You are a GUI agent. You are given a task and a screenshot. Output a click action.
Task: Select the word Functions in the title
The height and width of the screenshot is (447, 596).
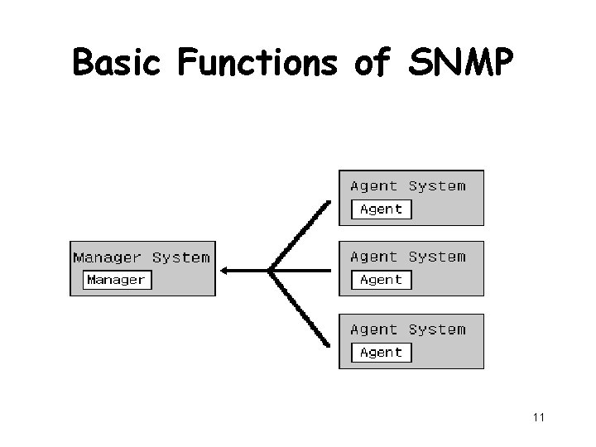[257, 62]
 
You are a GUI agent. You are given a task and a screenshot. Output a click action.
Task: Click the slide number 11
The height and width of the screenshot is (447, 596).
[538, 417]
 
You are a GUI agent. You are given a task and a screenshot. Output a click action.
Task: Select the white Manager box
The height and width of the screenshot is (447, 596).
[116, 280]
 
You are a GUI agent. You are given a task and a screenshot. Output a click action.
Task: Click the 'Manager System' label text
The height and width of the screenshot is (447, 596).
[142, 257]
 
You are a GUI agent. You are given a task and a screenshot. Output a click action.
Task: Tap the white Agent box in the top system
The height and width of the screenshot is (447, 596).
[381, 209]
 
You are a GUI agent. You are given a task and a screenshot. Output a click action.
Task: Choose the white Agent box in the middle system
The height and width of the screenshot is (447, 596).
[381, 280]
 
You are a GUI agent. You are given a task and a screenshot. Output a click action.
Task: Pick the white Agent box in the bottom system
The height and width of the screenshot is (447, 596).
[381, 352]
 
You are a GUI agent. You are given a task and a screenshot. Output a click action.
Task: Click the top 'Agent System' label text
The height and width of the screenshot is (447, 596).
[408, 186]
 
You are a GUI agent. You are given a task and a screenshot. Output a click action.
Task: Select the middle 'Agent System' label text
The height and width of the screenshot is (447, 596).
[408, 257]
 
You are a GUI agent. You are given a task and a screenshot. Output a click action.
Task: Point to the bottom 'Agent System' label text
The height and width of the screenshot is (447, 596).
[408, 329]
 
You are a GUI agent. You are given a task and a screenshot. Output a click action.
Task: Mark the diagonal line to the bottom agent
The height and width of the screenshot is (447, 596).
[302, 308]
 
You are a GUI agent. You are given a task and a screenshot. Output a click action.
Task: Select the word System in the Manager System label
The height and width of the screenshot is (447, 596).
[180, 257]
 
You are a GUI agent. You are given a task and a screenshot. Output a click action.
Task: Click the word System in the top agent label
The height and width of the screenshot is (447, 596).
[437, 186]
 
